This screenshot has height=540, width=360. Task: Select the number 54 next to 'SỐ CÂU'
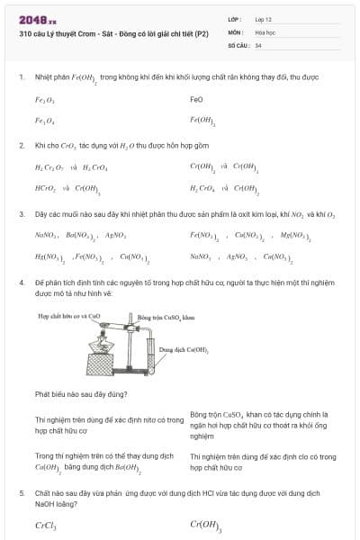(258, 44)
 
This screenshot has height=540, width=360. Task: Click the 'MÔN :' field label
(236, 31)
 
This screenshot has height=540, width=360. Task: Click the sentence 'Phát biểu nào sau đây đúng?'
(81, 394)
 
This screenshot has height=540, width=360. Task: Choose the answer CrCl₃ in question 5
(46, 526)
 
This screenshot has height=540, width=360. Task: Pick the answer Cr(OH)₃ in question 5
(206, 526)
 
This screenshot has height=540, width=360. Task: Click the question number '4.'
(22, 282)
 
